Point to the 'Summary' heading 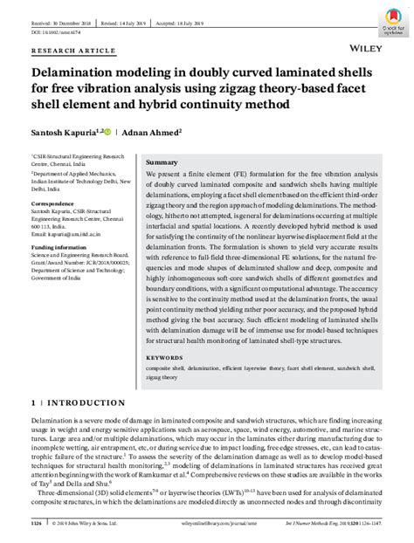[x=162, y=163]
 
